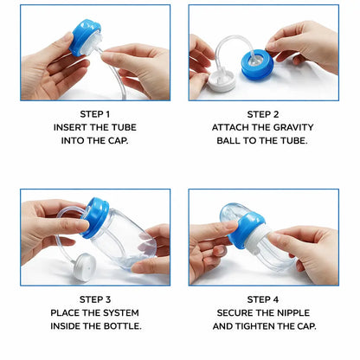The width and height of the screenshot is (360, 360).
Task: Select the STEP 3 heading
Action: [x=95, y=299]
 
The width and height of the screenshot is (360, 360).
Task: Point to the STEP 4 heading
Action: [x=263, y=299]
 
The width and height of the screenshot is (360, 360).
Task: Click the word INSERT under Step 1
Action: [x=74, y=127]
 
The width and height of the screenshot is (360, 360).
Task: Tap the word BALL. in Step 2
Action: [x=240, y=141]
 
